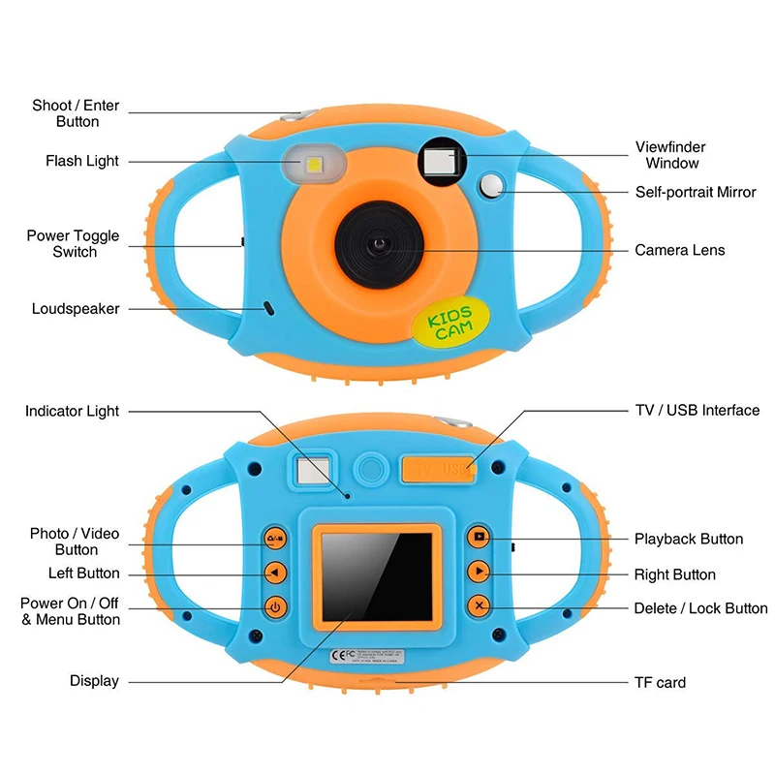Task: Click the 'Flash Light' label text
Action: [82, 161]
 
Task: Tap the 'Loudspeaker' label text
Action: [76, 309]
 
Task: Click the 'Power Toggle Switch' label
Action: [74, 244]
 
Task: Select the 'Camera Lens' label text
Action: [679, 250]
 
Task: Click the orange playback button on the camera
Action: [479, 537]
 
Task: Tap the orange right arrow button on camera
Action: [479, 573]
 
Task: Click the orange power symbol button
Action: [276, 608]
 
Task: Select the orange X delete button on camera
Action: [479, 607]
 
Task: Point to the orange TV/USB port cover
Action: [438, 469]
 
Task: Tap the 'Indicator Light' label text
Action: [73, 411]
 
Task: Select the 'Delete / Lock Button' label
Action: [700, 608]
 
